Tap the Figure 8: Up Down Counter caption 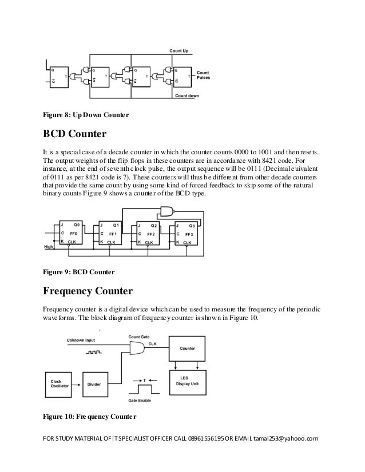pyautogui.click(x=86, y=115)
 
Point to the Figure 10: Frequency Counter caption pyautogui.click(x=89, y=416)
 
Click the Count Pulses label pyautogui.click(x=204, y=75)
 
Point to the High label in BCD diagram pyautogui.click(x=50, y=247)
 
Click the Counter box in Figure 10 pyautogui.click(x=188, y=348)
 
